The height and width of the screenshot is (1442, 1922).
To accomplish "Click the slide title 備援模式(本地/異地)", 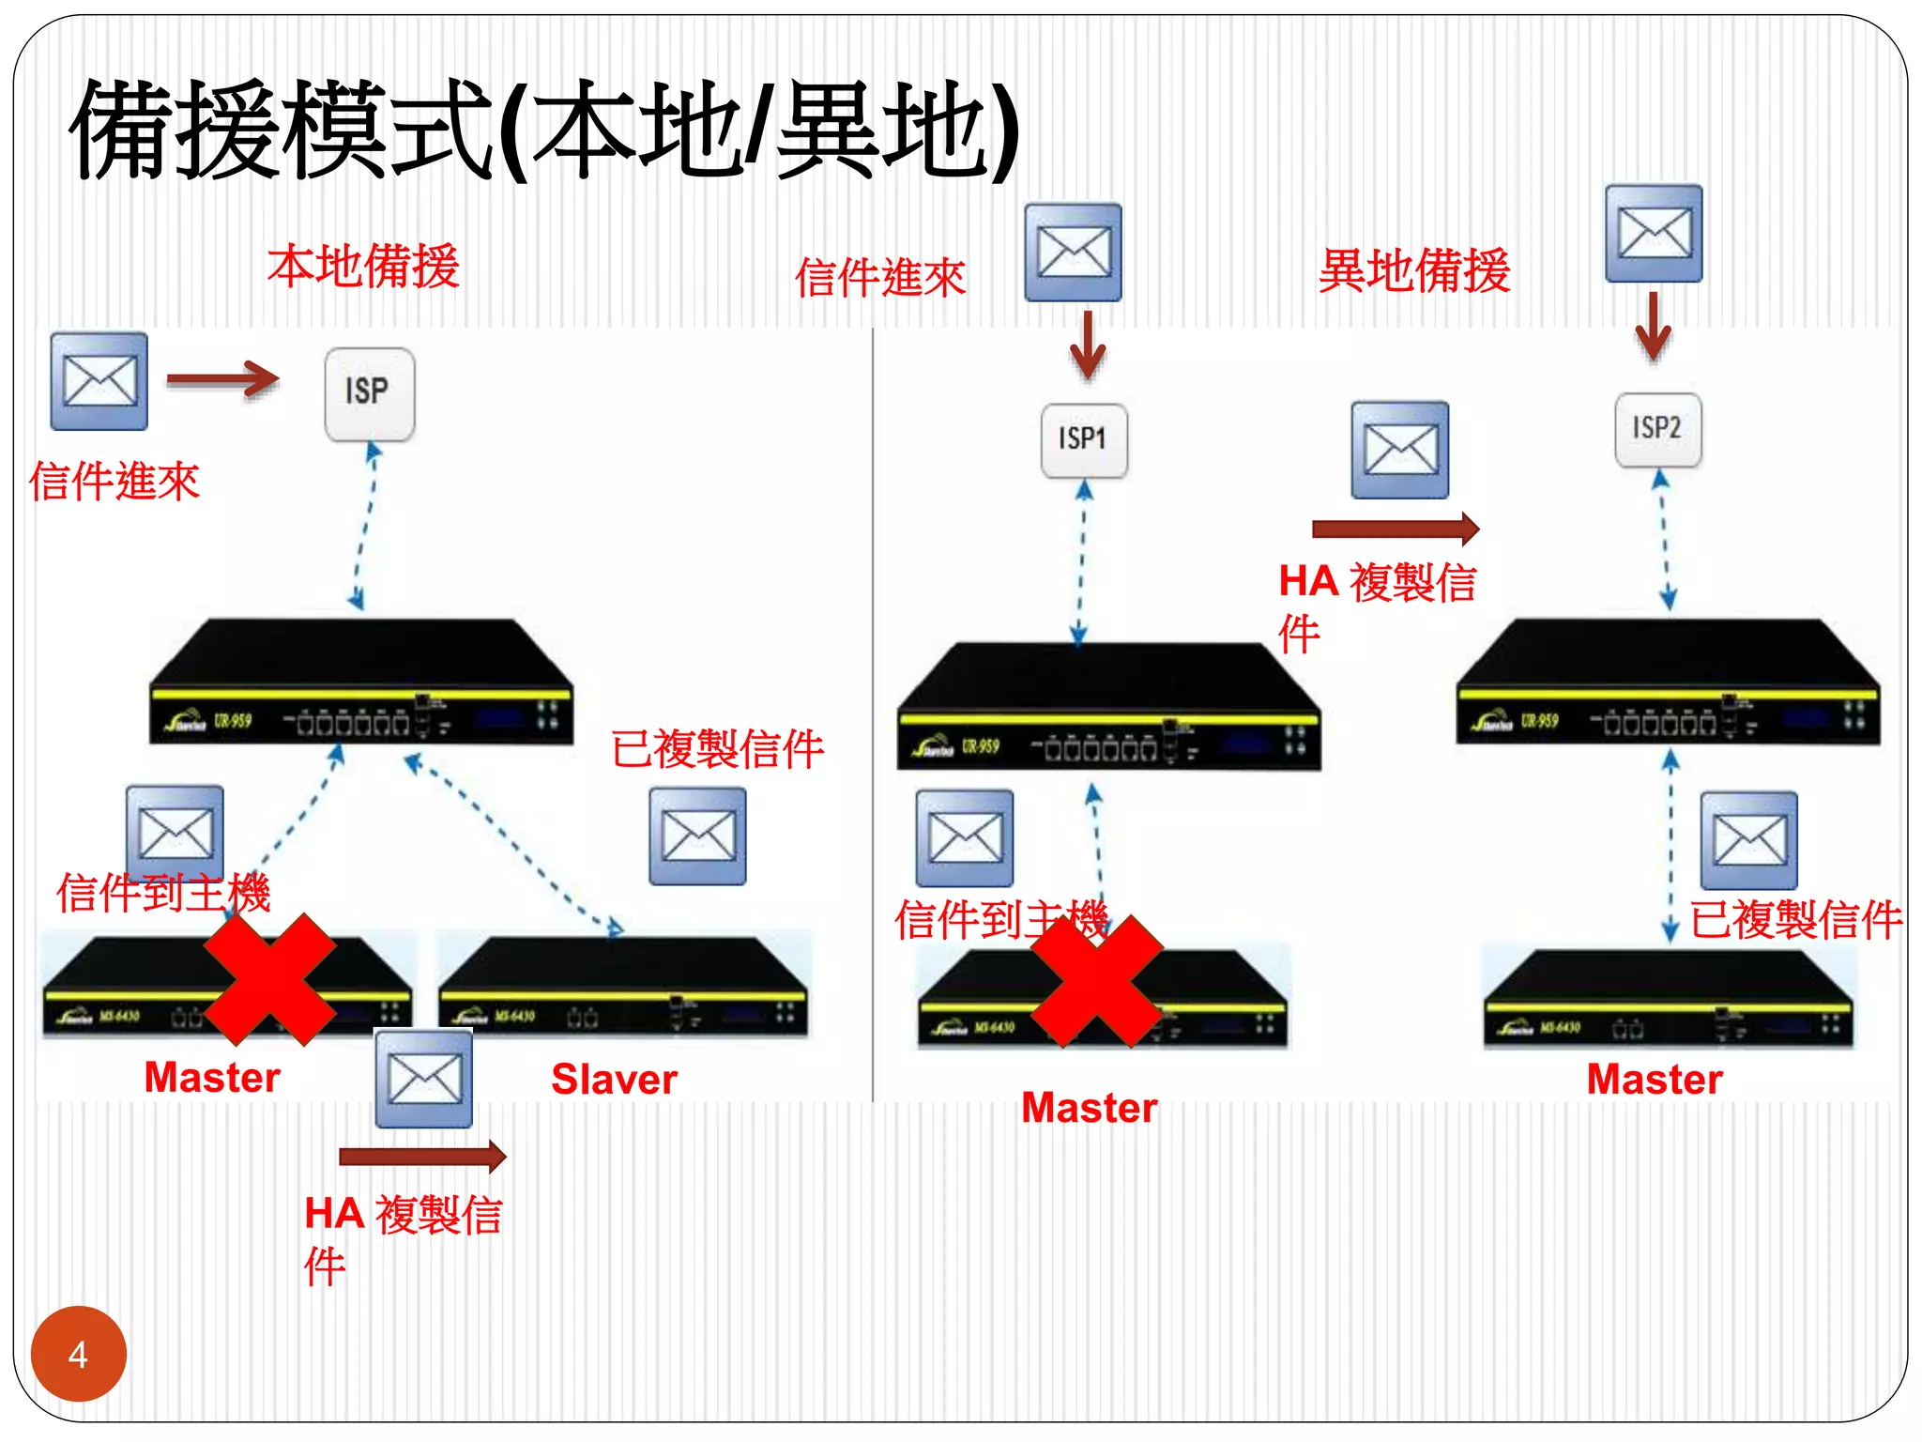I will click(x=544, y=131).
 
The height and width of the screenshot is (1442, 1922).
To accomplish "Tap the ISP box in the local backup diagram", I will click(x=369, y=393).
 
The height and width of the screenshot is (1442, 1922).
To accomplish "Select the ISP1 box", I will click(x=1084, y=439).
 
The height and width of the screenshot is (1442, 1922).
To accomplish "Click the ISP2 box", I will click(x=1657, y=429).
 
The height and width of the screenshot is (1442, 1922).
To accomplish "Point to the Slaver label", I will click(x=614, y=1080).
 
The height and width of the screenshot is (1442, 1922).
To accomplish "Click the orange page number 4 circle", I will click(x=78, y=1353).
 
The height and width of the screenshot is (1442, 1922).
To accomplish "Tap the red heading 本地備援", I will click(x=363, y=267).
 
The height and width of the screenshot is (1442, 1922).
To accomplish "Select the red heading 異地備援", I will click(x=1414, y=271).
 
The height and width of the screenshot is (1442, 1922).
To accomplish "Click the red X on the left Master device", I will click(x=270, y=979).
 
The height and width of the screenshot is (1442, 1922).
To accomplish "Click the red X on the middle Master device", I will click(x=1096, y=981).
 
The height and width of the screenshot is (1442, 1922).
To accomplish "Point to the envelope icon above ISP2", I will click(x=1653, y=234).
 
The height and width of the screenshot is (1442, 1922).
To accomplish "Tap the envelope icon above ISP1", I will click(x=1073, y=253).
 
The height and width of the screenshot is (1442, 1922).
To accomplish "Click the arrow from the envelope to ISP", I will click(x=222, y=379).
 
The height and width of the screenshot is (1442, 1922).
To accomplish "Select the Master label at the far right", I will click(x=1654, y=1080).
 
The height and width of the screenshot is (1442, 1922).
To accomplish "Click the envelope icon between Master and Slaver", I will click(x=423, y=1079).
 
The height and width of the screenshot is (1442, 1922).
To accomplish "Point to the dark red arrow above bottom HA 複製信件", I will click(x=422, y=1156).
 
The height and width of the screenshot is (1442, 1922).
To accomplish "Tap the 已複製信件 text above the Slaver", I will click(x=717, y=749).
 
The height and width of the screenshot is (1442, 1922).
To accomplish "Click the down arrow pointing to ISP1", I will click(x=1087, y=345).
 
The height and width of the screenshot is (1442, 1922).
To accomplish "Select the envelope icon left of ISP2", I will click(x=1399, y=451).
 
